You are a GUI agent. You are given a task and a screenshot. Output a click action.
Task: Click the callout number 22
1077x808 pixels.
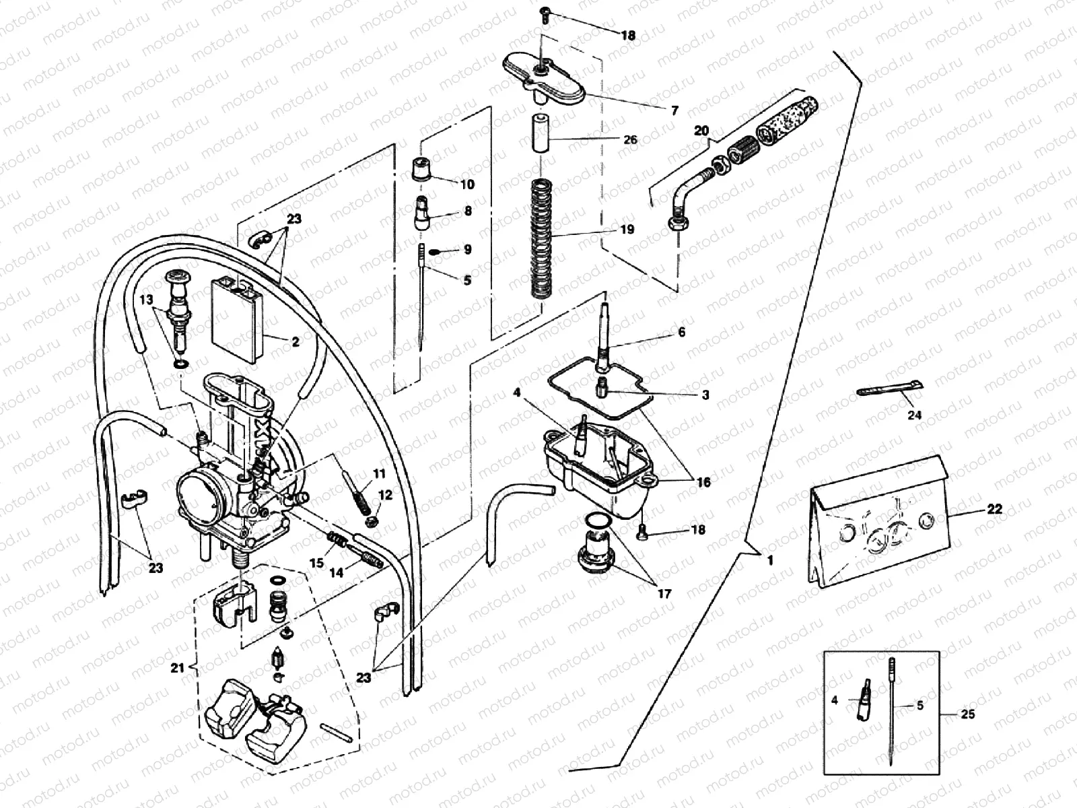click(994, 510)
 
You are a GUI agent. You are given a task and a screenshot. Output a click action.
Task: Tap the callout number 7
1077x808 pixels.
click(674, 111)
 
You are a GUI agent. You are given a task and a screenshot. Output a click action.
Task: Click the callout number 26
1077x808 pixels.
click(630, 140)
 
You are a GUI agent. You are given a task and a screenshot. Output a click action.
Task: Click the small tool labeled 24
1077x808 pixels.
click(889, 390)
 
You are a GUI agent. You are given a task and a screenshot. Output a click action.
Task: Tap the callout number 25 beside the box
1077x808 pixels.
click(967, 714)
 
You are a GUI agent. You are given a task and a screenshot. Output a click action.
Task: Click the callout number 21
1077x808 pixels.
click(177, 667)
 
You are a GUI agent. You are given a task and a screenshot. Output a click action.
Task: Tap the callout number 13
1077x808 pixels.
click(147, 300)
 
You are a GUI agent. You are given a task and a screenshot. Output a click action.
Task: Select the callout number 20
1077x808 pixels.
click(701, 131)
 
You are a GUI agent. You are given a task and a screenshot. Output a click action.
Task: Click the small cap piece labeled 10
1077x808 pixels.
click(421, 168)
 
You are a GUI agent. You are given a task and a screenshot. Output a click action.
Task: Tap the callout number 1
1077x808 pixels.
click(770, 560)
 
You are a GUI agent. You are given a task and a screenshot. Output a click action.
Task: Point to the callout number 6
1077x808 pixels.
click(681, 332)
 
